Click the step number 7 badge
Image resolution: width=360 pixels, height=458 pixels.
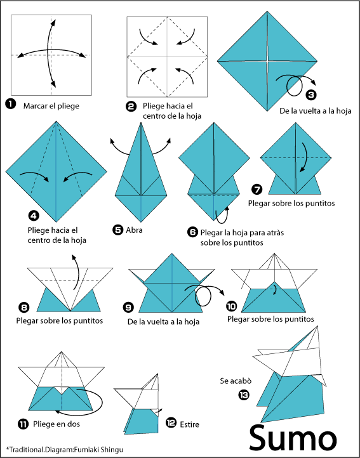tap(257, 189)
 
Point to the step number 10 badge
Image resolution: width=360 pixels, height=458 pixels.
tap(232, 305)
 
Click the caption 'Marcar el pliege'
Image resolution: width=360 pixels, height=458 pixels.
tap(51, 105)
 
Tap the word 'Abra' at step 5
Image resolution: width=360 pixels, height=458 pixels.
tap(134, 230)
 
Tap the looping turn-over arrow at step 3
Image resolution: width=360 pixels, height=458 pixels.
tap(296, 86)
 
